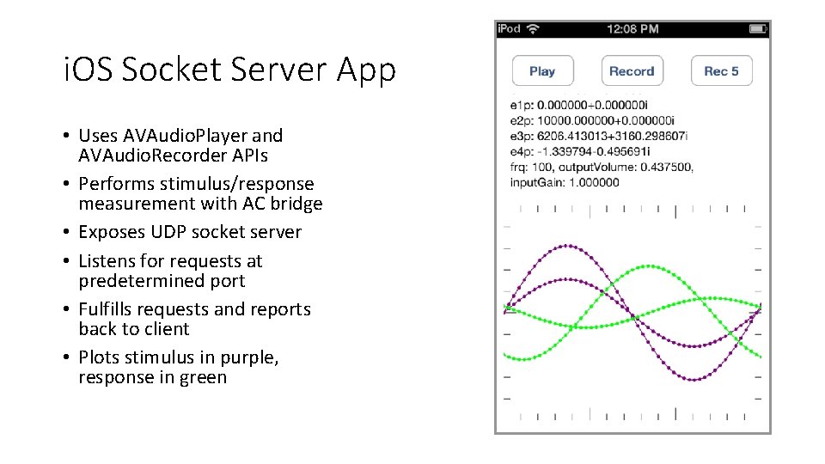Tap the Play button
coord(542,71)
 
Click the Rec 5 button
coord(721,71)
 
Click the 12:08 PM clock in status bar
coord(632,28)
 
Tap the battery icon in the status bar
coord(756,28)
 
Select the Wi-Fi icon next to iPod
coord(533,28)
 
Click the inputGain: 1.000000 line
coord(565,181)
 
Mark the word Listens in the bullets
coord(107,261)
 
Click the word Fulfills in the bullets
coord(108,309)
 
